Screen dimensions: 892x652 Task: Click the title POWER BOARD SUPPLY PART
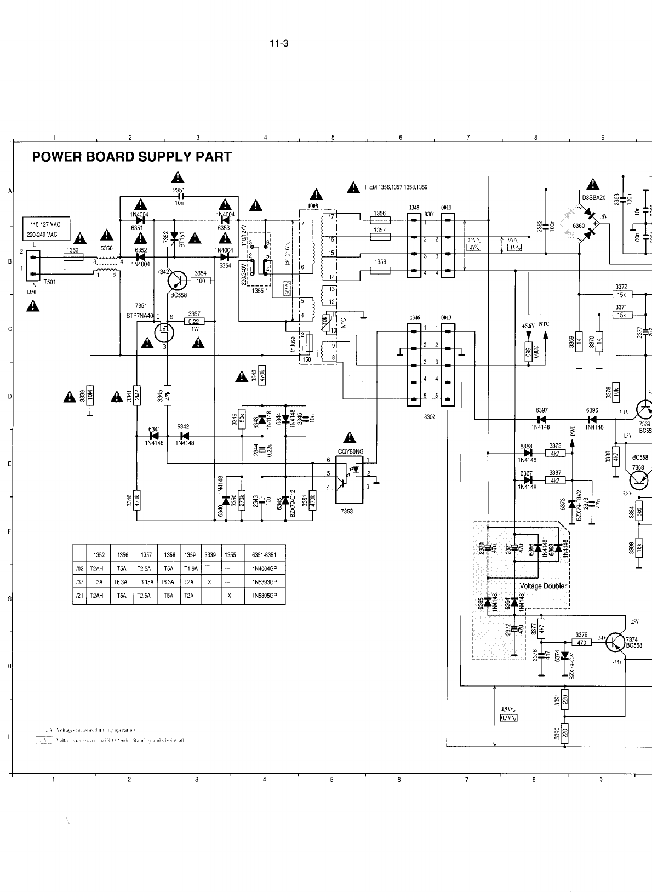131,157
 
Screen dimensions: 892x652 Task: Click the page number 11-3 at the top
279,44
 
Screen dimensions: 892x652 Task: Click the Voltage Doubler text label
543,586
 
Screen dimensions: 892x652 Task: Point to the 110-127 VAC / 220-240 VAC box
47,228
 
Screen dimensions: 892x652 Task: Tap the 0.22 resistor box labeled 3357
193,322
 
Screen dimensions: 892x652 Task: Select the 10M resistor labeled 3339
90,396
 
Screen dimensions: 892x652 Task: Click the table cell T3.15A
146,582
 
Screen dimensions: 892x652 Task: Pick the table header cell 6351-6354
264,554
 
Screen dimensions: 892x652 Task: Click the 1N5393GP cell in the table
264,582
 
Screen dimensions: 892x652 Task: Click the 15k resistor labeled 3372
621,294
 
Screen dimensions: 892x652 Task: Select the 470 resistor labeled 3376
581,642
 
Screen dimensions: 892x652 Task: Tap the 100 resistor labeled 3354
201,281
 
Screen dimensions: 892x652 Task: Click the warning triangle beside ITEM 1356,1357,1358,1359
353,187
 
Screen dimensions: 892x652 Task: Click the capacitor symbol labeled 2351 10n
179,196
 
